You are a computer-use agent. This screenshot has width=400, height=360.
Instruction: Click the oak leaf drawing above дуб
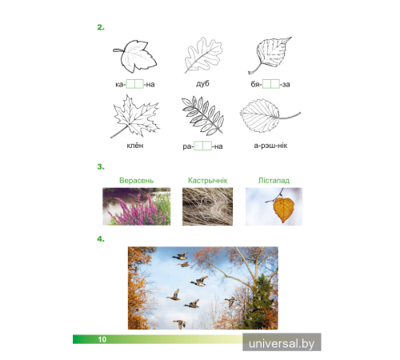(203, 55)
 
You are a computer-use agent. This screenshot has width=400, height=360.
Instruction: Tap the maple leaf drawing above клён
(134, 117)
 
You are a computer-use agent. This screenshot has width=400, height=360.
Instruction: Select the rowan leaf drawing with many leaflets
(202, 115)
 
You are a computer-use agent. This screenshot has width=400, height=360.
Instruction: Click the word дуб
(202, 83)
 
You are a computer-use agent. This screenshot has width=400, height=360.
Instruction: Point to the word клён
(135, 146)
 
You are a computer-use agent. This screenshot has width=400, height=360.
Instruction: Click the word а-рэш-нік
(270, 146)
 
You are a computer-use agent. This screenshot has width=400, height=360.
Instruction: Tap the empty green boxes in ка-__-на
(134, 84)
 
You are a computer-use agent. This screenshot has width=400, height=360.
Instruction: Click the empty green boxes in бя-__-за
(271, 84)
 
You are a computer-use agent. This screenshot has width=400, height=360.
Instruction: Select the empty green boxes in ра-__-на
(202, 146)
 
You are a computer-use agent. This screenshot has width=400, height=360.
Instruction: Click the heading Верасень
(136, 181)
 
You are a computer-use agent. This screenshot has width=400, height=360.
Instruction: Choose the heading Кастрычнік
(207, 181)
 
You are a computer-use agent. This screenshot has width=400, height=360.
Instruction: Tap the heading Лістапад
(274, 181)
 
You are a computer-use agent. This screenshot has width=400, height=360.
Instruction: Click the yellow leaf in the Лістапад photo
(283, 210)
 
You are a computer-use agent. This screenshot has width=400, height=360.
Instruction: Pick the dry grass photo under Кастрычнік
(207, 206)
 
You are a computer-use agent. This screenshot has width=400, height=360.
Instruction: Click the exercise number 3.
(101, 166)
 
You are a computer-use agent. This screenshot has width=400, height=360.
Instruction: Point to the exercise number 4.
(101, 239)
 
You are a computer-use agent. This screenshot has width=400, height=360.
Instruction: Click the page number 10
(102, 339)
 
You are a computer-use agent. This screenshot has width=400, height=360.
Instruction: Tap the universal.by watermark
(282, 342)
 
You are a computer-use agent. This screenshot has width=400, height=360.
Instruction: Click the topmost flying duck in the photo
(180, 256)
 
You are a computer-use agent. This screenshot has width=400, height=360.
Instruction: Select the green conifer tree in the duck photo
(260, 302)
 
